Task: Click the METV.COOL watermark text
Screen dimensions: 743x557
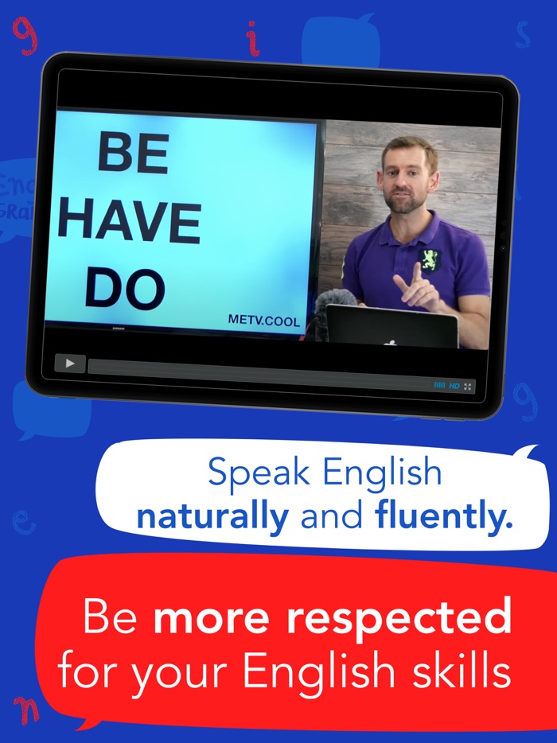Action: (x=264, y=321)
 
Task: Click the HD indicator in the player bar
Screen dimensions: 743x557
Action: (x=454, y=386)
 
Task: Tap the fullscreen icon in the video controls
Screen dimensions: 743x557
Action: (x=468, y=387)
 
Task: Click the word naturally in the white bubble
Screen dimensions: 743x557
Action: (x=212, y=516)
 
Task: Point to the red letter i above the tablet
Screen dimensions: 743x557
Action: (x=253, y=38)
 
